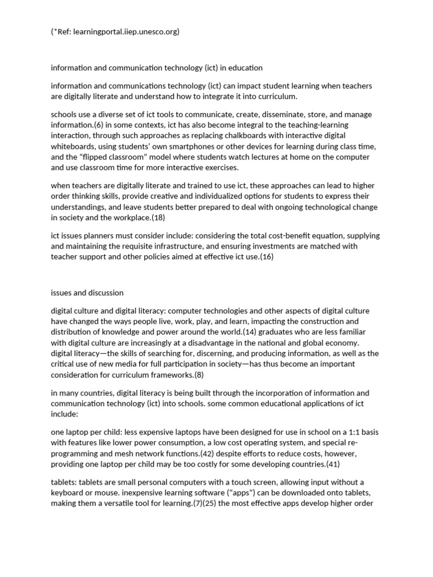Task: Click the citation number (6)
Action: pos(101,125)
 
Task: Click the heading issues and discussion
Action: pos(87,292)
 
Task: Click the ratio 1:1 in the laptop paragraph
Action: pos(352,432)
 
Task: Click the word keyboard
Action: pos(68,493)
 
